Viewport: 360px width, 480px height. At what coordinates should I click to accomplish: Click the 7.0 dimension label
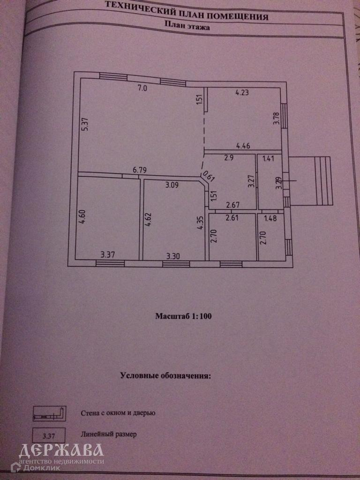coord(142,88)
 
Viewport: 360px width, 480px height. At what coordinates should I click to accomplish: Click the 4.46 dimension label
coord(243,146)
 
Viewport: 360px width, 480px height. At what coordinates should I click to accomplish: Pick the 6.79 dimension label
coord(140,171)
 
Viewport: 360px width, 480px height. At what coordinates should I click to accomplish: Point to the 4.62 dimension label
coord(148,219)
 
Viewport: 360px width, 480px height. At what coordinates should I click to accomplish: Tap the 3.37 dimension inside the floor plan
coord(109,255)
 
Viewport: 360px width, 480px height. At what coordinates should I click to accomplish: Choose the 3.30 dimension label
coord(173,256)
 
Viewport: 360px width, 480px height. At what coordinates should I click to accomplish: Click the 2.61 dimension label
coord(232,217)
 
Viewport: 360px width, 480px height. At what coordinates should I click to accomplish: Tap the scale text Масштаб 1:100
coord(184,316)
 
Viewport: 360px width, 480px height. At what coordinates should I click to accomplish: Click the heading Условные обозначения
coord(166,375)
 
